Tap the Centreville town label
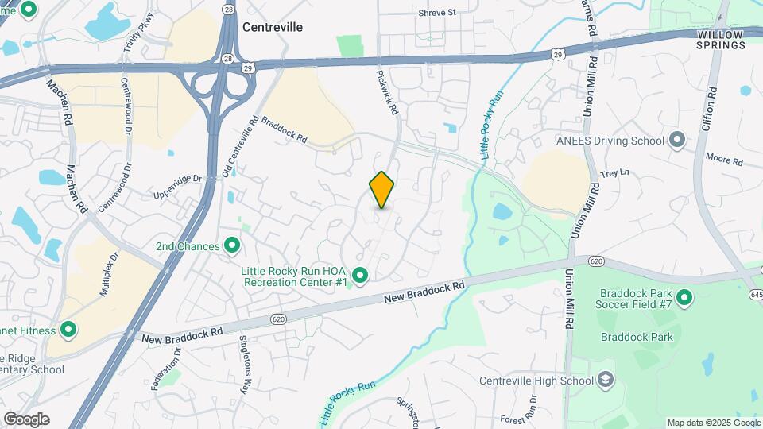(273, 27)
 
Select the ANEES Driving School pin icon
(677, 141)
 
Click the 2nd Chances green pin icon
(233, 246)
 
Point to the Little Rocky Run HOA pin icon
(360, 276)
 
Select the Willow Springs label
(722, 40)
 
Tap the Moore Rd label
(723, 160)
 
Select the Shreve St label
(437, 13)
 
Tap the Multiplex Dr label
(109, 274)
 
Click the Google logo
(26, 419)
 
